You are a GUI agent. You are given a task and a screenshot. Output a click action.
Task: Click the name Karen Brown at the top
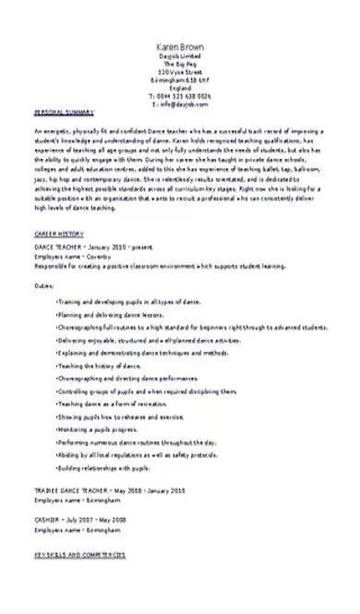pos(179,46)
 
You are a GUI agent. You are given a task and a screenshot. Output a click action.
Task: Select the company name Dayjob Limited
pos(179,56)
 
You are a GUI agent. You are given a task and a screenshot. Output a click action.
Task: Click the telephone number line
pos(179,95)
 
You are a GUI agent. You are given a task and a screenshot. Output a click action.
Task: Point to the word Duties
pos(43,286)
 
